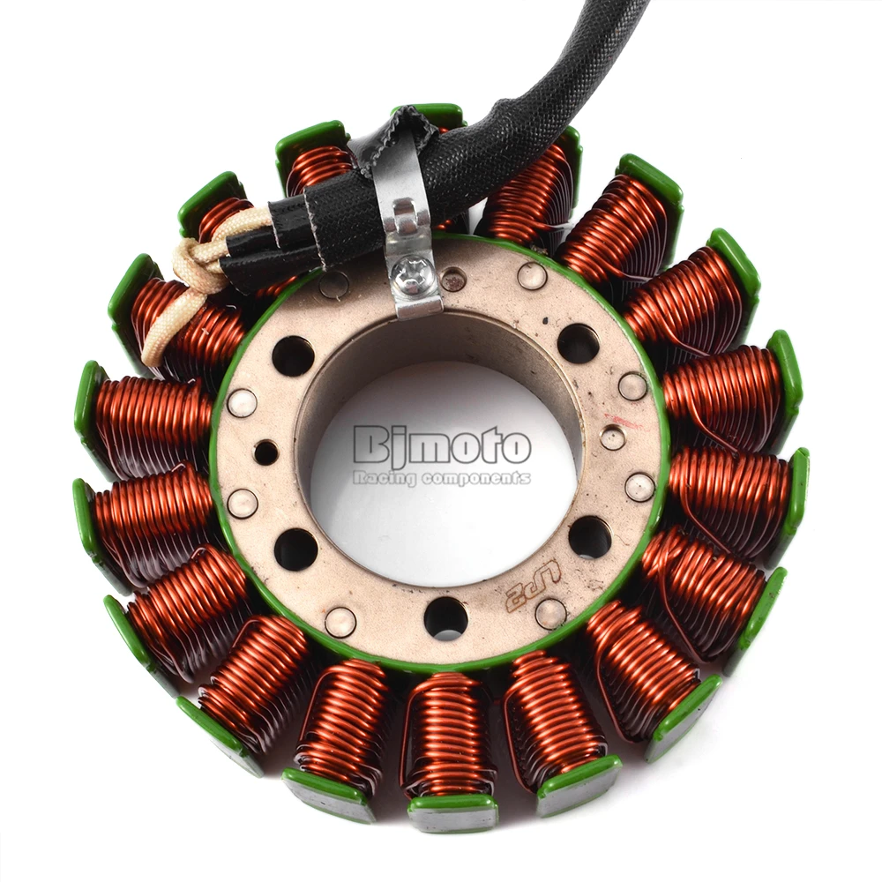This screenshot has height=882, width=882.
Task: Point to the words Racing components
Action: (x=441, y=477)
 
